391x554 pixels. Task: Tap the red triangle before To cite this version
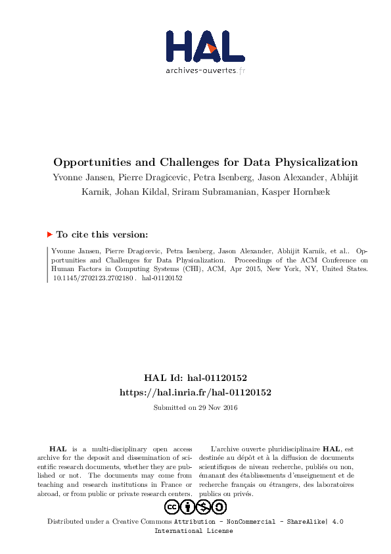[50, 234]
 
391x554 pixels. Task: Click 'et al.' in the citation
[337, 250]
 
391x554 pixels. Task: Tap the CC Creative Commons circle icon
[172, 507]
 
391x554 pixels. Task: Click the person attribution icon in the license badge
[188, 507]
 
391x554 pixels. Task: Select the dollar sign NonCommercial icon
[204, 507]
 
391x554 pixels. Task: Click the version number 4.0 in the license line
[337, 522]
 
